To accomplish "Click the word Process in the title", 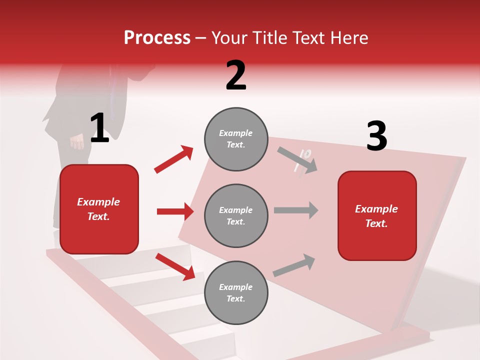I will pyautogui.click(x=157, y=37).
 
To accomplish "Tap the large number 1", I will pyautogui.click(x=99, y=128).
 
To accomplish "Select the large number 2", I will pyautogui.click(x=236, y=75).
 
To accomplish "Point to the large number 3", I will pyautogui.click(x=376, y=136).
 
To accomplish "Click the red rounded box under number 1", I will pyautogui.click(x=99, y=209).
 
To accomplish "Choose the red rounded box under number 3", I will pyautogui.click(x=377, y=215).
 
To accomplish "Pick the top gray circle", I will pyautogui.click(x=236, y=139).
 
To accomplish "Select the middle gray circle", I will pyautogui.click(x=236, y=215).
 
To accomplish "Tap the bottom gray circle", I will pyautogui.click(x=236, y=292).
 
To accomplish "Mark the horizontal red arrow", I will pyautogui.click(x=175, y=211).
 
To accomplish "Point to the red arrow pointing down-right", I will pyautogui.click(x=175, y=266).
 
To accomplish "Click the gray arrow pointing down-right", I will pyautogui.click(x=298, y=160).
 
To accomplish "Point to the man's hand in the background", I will pyautogui.click(x=77, y=142).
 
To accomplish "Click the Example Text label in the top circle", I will pyautogui.click(x=236, y=139).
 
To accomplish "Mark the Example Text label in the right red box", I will pyautogui.click(x=376, y=216).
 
